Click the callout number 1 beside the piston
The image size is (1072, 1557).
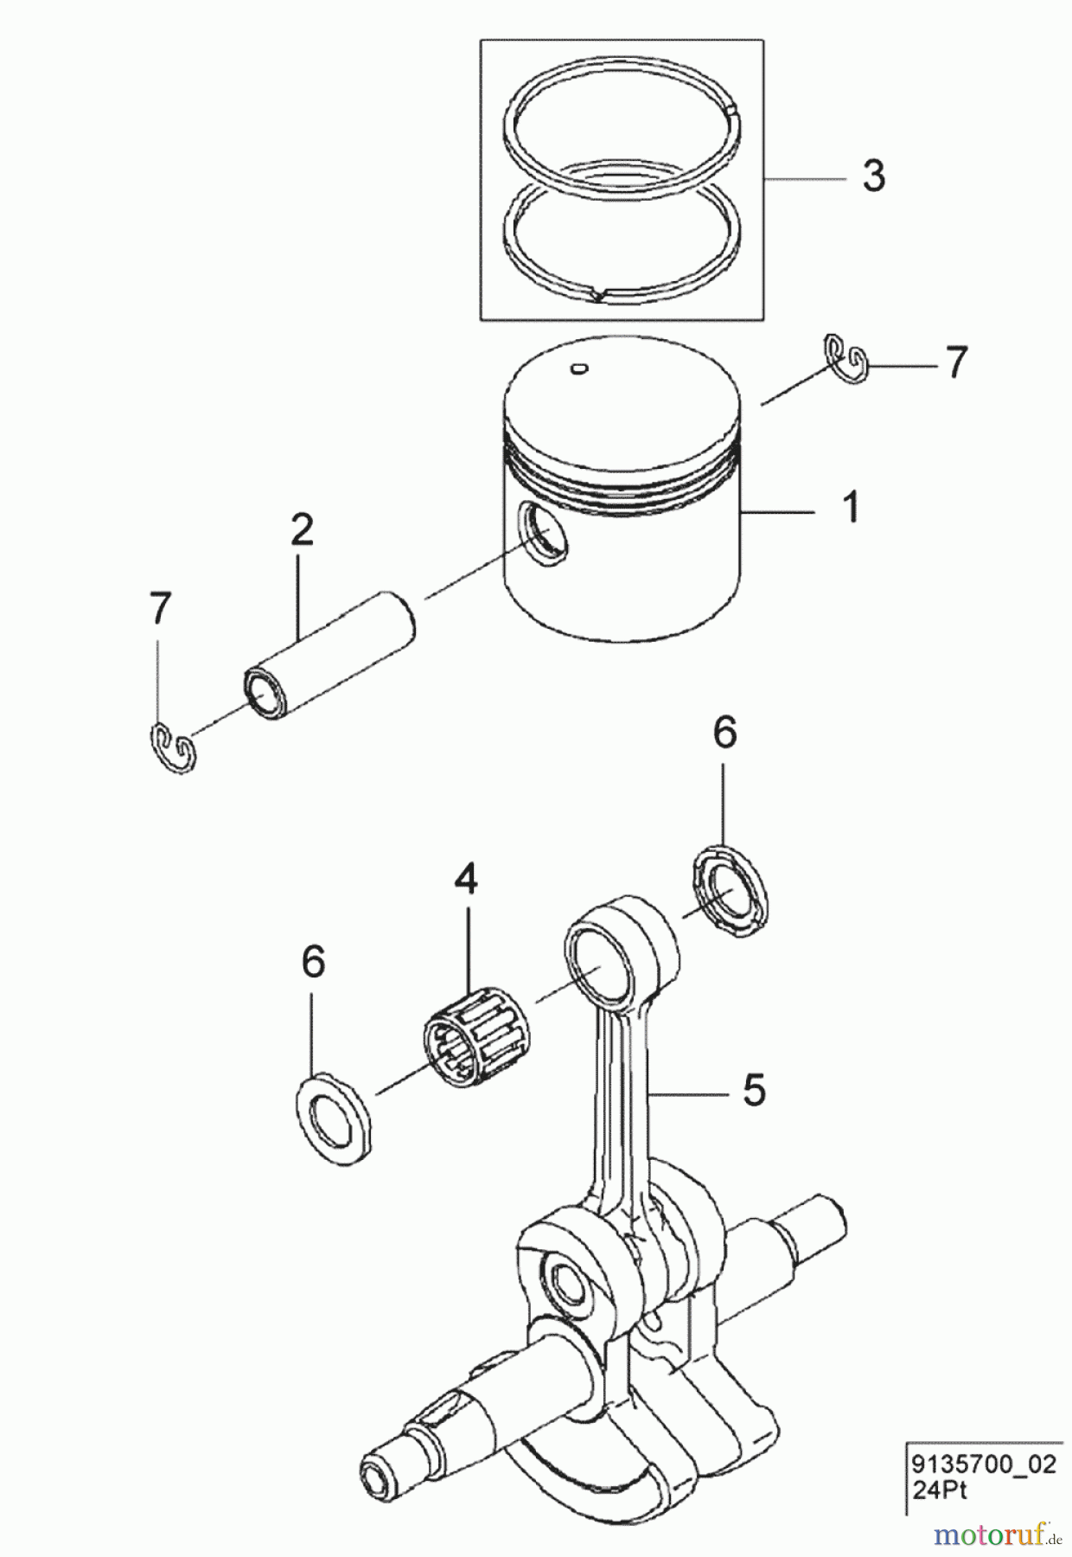point(852,508)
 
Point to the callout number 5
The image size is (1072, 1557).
point(754,1090)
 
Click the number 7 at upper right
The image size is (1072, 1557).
point(955,363)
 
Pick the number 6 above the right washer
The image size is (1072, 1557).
point(724,733)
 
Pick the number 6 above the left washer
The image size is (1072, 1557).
point(313,962)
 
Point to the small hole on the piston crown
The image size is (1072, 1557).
point(578,370)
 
